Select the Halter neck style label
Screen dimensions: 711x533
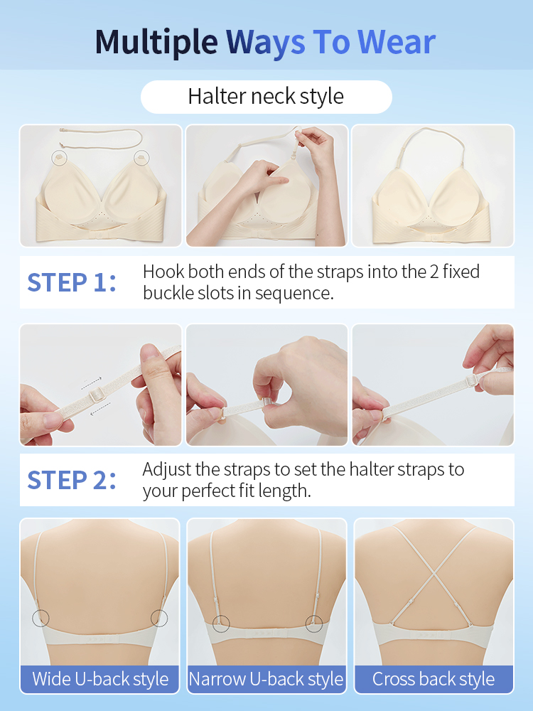266,97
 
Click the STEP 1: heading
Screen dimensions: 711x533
71,282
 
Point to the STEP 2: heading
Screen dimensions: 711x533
71,480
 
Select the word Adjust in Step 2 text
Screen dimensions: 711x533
166,469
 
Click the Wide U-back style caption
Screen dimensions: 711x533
100,679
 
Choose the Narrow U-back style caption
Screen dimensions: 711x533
266,679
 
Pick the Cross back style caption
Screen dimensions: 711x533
434,679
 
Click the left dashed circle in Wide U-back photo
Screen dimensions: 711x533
41,618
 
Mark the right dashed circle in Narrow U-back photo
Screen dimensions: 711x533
313,624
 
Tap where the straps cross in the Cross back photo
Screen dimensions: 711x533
433,574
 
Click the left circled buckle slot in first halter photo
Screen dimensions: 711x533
58,156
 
